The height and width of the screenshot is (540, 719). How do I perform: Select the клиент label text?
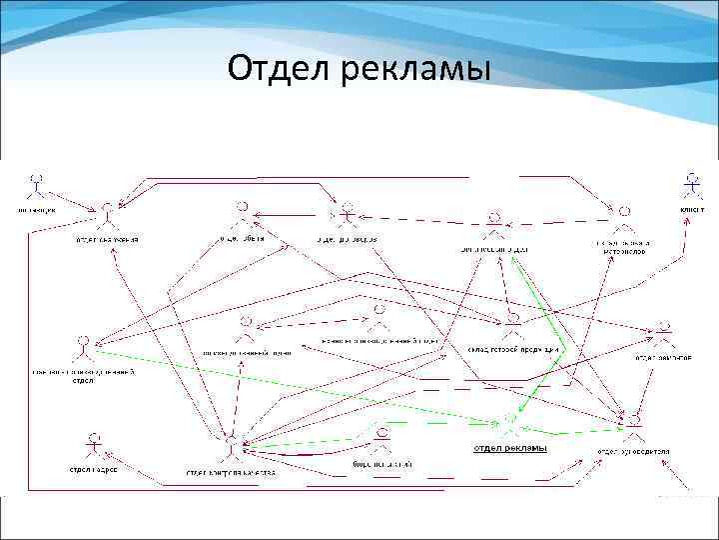(x=692, y=211)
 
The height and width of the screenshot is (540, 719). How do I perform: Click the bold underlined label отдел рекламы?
(x=509, y=448)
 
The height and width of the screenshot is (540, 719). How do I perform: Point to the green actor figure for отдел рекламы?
(x=510, y=423)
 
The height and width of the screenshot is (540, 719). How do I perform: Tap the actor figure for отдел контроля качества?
(x=232, y=446)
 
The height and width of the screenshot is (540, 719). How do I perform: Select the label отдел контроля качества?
(x=233, y=471)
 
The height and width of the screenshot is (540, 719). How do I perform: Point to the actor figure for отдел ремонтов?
(x=665, y=333)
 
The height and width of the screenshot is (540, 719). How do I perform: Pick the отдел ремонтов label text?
(x=664, y=357)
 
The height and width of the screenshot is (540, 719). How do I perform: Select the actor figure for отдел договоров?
(x=346, y=214)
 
